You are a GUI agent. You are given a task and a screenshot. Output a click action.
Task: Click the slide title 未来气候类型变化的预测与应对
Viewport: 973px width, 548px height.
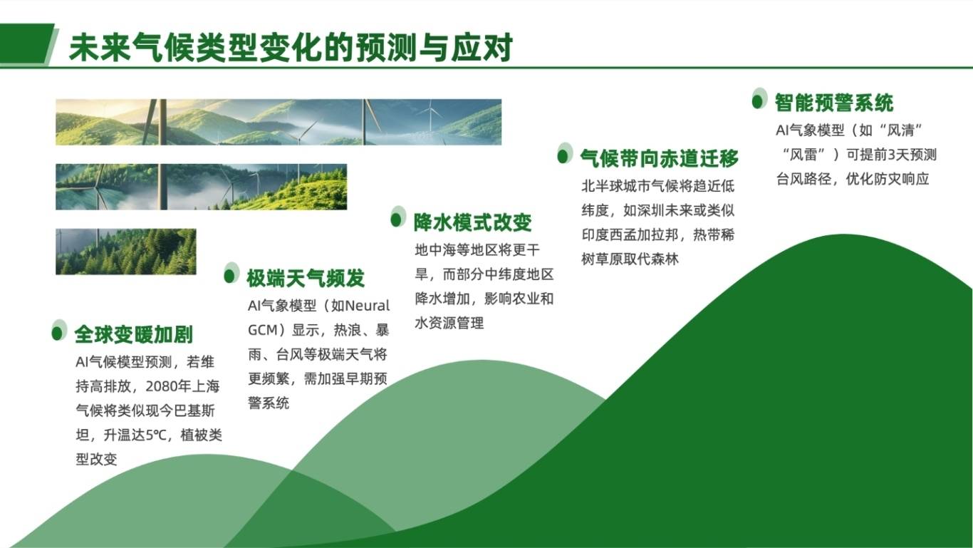(x=291, y=47)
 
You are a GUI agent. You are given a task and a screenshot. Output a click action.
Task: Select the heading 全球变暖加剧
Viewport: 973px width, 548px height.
(x=134, y=335)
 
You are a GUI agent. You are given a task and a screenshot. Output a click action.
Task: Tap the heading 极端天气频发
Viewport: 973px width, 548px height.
(x=306, y=278)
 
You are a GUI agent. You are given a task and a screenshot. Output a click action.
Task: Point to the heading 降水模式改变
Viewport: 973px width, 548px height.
(x=472, y=222)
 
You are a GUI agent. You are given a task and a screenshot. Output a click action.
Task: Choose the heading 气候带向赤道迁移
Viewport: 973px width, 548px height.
(x=660, y=158)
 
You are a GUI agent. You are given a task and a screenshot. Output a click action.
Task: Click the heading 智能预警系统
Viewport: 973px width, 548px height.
(x=834, y=103)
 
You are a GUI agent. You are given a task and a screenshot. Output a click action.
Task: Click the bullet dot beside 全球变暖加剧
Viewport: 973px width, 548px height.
(x=57, y=334)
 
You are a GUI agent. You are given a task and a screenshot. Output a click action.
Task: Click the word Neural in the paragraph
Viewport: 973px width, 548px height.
(x=367, y=306)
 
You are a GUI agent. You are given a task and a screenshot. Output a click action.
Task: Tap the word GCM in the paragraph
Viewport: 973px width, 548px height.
(x=262, y=330)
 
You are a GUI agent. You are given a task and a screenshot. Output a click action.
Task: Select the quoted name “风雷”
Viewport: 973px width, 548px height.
(x=803, y=155)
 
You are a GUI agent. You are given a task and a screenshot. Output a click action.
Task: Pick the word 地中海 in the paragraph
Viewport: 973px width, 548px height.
(x=436, y=250)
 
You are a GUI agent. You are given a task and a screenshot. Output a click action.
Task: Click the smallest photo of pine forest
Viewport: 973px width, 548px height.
(x=126, y=252)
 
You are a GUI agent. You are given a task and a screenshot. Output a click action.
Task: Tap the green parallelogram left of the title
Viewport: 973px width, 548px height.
(x=27, y=44)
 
